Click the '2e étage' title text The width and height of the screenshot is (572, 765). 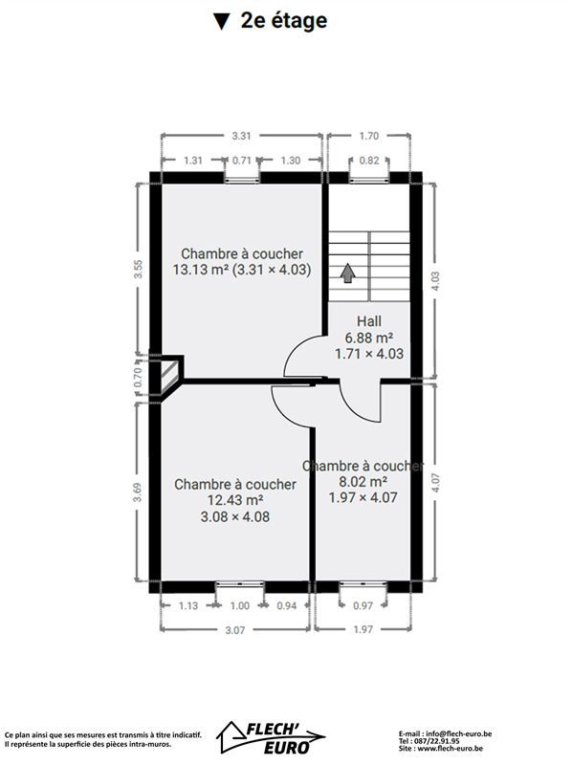[284, 21]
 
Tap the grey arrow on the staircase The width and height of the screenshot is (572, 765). [347, 273]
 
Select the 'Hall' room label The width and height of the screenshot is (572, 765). [369, 321]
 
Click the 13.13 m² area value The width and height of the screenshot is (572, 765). [201, 270]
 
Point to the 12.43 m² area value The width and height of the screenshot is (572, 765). [235, 500]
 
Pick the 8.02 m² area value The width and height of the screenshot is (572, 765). [363, 482]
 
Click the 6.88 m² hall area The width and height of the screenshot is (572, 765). [369, 338]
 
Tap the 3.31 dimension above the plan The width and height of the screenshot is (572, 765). [241, 136]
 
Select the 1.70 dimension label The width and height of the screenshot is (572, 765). [369, 136]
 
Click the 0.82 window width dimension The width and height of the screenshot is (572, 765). [369, 160]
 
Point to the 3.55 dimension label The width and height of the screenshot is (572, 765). [139, 269]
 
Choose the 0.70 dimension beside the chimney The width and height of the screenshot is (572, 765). [138, 377]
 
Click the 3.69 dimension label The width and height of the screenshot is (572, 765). [138, 492]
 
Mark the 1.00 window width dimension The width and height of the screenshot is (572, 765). [240, 606]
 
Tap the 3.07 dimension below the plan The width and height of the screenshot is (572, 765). [234, 630]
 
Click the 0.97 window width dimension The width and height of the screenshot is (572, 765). [363, 606]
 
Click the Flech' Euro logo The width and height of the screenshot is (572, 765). [271, 737]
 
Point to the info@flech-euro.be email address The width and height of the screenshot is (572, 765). [459, 733]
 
